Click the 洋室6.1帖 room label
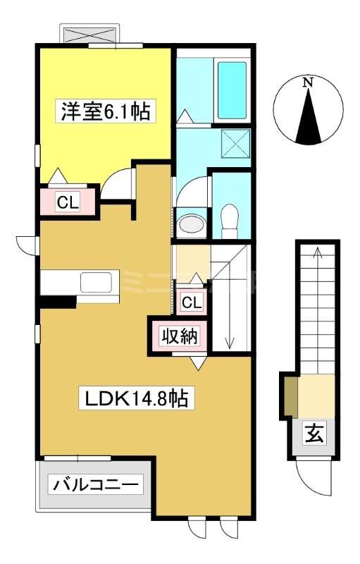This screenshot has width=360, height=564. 105,111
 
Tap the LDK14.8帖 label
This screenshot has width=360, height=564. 137,398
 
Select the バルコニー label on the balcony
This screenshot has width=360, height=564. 96,485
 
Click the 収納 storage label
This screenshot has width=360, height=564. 179,337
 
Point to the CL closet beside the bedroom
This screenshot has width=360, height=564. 68,203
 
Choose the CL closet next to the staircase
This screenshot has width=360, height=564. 192,302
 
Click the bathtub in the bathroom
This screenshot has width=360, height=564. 232,90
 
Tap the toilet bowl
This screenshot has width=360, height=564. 230,221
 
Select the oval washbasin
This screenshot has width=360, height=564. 192,224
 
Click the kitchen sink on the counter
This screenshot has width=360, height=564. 96,283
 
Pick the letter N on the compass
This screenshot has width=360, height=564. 308,82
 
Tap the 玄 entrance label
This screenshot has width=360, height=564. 314,434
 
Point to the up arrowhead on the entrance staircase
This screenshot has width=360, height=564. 317,251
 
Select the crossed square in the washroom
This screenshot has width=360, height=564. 235,144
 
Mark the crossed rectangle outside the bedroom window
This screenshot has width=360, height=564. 89,35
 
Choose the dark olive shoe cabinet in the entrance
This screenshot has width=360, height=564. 292,397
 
